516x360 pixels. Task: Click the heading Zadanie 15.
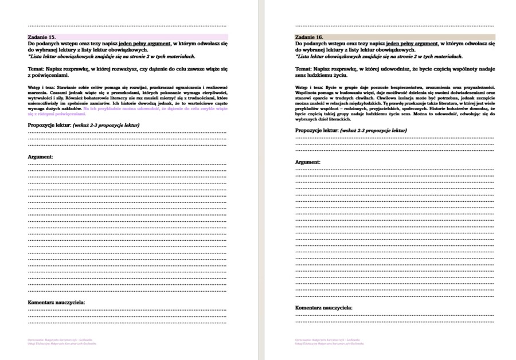(x=42, y=37)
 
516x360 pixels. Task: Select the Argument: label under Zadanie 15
(x=41, y=156)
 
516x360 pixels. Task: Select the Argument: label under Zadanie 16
(x=308, y=162)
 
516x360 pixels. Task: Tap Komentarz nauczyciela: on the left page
(x=57, y=302)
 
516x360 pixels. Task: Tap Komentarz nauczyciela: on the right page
(x=324, y=308)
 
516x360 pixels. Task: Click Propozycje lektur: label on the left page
(x=49, y=125)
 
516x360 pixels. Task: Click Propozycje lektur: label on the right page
(x=316, y=131)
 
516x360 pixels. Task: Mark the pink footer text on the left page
(x=62, y=342)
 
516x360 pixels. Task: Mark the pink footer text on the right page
(x=329, y=342)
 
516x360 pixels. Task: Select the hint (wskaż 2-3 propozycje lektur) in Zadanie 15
(x=107, y=125)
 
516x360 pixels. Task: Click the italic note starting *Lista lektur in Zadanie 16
(x=378, y=56)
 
